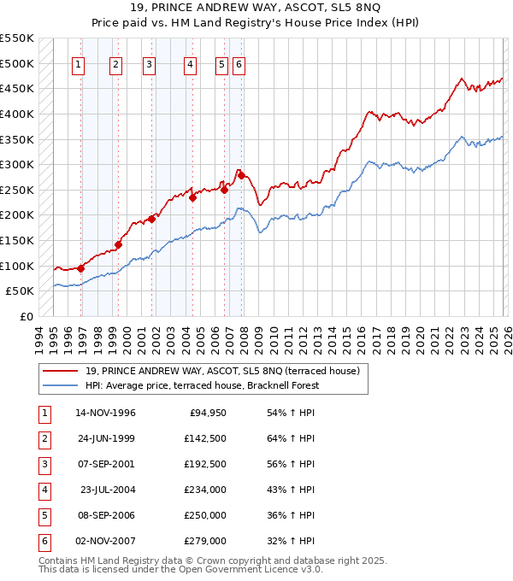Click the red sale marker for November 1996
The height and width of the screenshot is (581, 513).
(x=80, y=267)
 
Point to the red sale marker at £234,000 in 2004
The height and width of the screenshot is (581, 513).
(x=192, y=197)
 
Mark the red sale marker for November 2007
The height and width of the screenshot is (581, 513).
(x=240, y=175)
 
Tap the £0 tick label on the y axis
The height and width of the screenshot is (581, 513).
(x=27, y=317)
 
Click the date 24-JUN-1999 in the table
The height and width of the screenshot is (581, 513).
(x=105, y=438)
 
